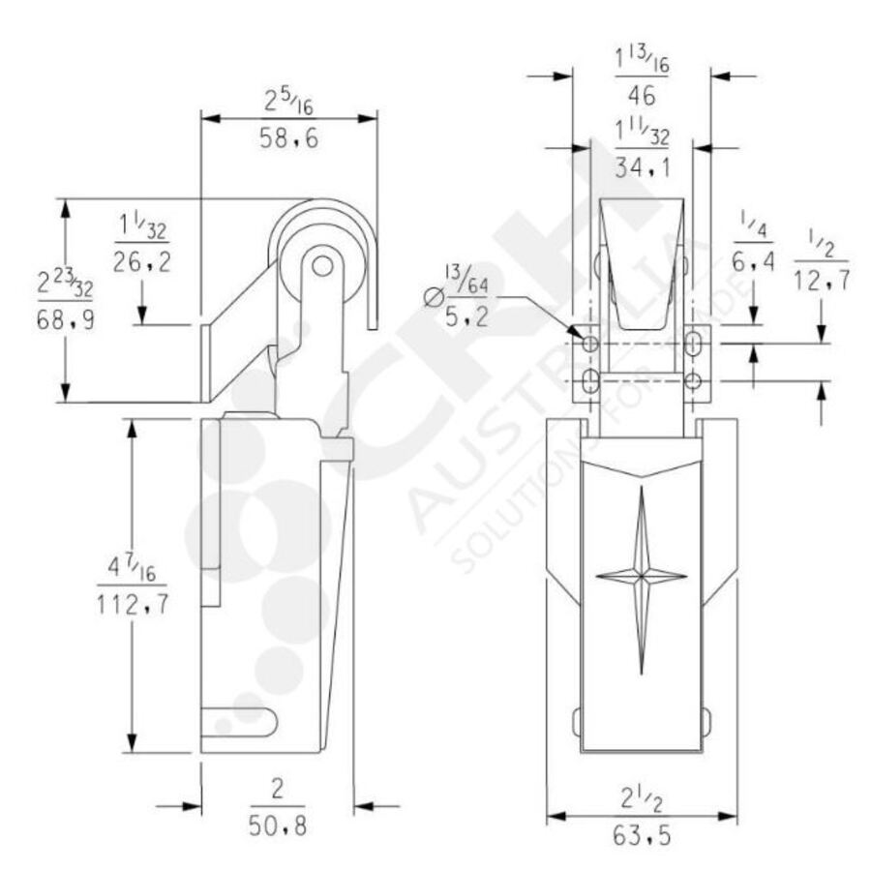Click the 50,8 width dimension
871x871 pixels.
277,828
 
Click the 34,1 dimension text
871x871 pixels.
642,167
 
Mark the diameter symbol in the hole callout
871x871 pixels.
435,295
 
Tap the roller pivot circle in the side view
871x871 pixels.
323,263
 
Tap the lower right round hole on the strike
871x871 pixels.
692,381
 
